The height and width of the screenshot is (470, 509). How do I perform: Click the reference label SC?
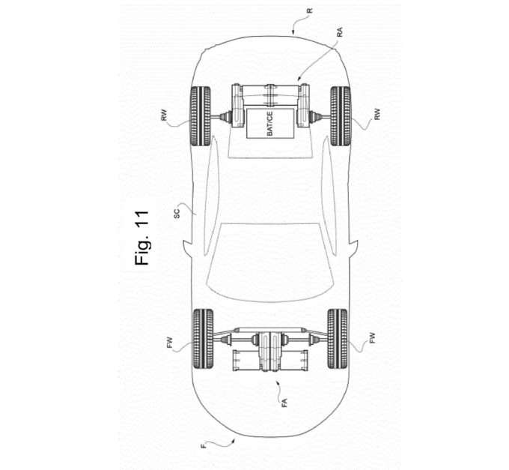point(177,213)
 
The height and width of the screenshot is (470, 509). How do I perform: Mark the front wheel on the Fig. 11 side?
point(202,338)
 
